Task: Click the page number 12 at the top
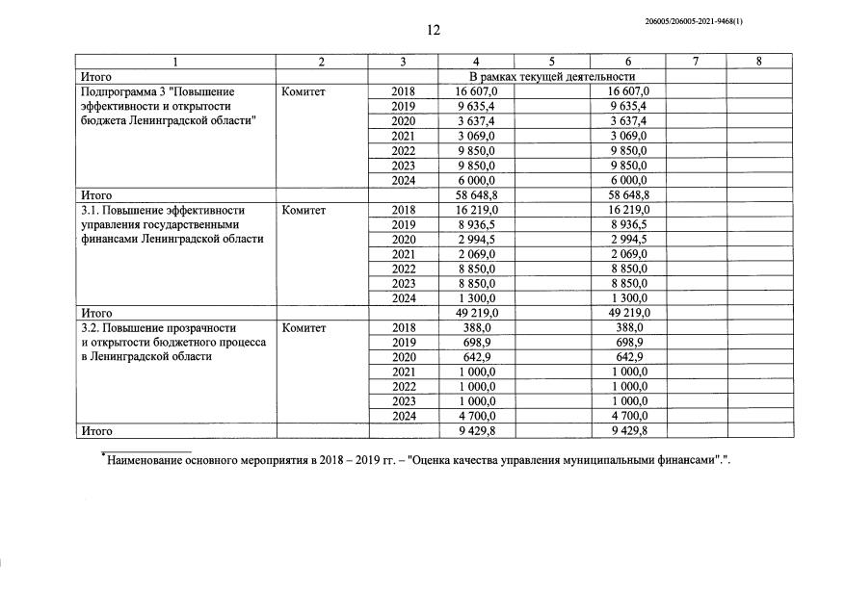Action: (434, 30)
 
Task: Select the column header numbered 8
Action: (759, 62)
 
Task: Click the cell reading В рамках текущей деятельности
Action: (551, 76)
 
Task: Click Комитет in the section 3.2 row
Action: (304, 327)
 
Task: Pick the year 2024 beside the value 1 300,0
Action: (403, 298)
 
